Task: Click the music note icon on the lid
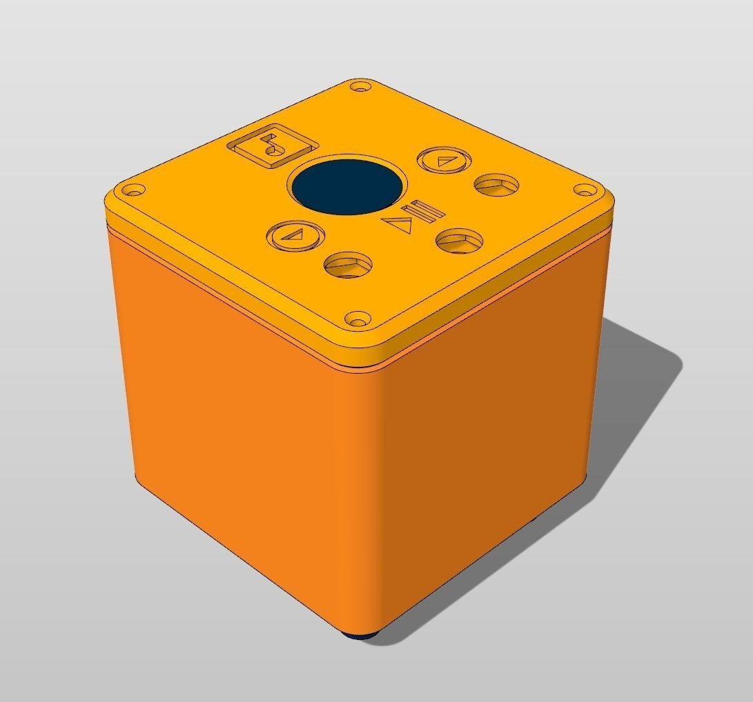tap(271, 148)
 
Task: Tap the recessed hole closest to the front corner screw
tap(347, 263)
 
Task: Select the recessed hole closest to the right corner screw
tap(496, 184)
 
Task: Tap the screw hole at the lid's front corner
tap(356, 319)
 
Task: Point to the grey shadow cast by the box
tap(621, 414)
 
